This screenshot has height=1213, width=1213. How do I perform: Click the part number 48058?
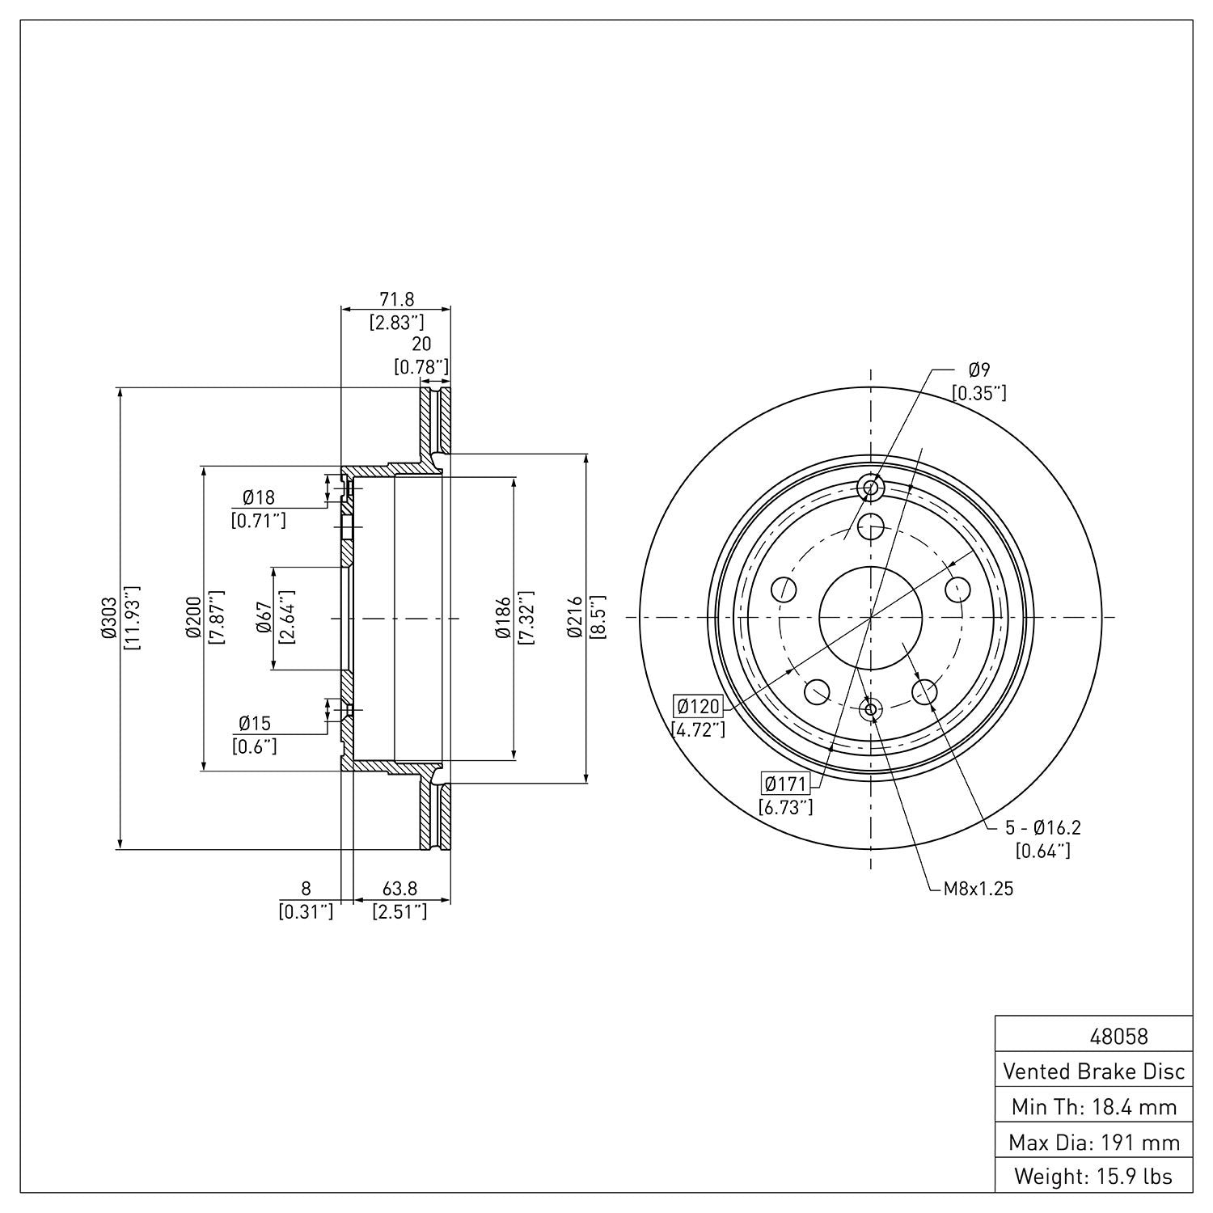point(1118,1036)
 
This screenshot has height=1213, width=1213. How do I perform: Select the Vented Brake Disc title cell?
point(1093,1071)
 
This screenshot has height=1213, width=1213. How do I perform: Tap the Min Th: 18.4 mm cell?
point(1093,1106)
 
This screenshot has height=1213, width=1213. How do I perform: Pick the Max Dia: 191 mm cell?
point(1093,1142)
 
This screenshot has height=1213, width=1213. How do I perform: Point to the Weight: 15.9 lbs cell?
point(1093,1176)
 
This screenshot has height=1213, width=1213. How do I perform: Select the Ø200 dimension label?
point(193,619)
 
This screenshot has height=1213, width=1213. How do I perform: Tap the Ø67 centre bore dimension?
point(264,619)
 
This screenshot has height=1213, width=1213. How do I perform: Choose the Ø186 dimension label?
point(502,619)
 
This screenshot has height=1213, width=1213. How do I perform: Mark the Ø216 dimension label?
point(575,619)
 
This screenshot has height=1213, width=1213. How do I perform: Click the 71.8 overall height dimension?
point(397,300)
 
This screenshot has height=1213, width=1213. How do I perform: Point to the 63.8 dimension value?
point(399,889)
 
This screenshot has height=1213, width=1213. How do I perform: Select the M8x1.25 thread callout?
point(978,889)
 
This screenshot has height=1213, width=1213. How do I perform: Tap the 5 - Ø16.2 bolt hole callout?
point(1042,827)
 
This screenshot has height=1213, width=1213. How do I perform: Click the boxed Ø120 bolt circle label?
point(698,706)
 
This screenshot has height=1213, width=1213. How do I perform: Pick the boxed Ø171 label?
point(786,784)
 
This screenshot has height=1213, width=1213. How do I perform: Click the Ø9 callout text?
point(978,370)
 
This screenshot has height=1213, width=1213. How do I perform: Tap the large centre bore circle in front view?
point(871,619)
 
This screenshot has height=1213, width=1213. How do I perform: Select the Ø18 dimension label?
point(258,497)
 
